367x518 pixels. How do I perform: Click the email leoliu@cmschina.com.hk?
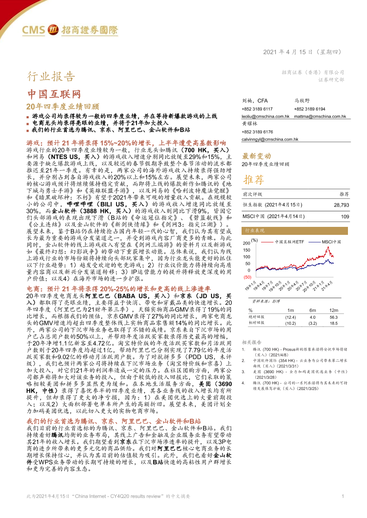265,116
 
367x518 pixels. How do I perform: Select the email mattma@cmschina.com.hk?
320,116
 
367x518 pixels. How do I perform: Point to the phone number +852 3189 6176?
257,132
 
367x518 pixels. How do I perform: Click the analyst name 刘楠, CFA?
253,101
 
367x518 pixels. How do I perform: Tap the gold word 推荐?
253,179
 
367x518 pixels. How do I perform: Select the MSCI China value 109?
345,216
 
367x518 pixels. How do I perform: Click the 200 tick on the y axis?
246,244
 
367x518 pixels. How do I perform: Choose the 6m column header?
313,310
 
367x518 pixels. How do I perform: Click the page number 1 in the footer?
343,509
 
